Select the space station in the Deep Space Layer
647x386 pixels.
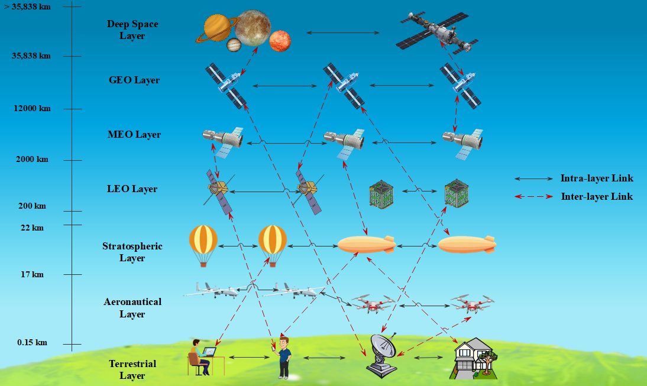click(x=438, y=33)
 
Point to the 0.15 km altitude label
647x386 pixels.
click(x=32, y=343)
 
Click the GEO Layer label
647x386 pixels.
click(x=134, y=80)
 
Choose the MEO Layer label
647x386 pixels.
click(x=134, y=135)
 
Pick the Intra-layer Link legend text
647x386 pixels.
click(x=596, y=179)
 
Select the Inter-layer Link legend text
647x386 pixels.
click(x=596, y=197)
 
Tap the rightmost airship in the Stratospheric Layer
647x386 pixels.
click(x=467, y=244)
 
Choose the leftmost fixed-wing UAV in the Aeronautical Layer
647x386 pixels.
click(x=211, y=290)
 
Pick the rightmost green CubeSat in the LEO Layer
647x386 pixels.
click(x=456, y=193)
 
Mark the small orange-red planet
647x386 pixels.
click(x=280, y=41)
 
